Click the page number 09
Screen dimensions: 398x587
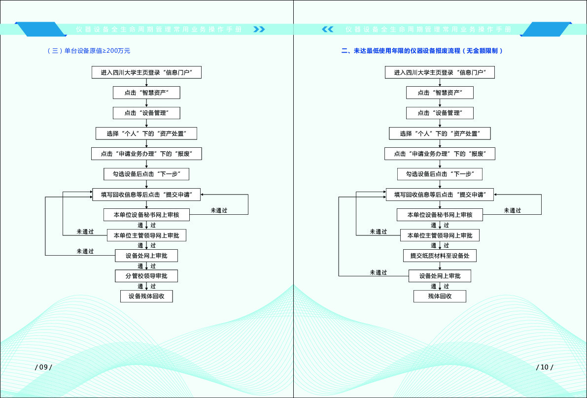click(x=43, y=367)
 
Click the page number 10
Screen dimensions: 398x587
click(x=545, y=367)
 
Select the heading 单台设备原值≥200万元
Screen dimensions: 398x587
click(x=89, y=51)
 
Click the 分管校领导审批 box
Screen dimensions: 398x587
click(x=146, y=276)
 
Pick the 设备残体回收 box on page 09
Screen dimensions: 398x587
click(x=146, y=296)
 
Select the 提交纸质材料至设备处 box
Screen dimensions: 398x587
click(x=440, y=256)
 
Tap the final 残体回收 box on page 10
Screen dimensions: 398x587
click(x=440, y=296)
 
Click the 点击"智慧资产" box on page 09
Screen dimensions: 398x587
click(x=146, y=93)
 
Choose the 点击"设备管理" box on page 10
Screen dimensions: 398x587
click(x=440, y=113)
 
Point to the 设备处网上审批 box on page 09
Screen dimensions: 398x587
click(x=146, y=256)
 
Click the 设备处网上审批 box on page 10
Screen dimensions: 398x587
click(x=440, y=276)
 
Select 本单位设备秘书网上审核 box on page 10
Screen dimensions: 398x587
click(x=440, y=215)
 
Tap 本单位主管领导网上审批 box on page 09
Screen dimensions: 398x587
click(x=146, y=235)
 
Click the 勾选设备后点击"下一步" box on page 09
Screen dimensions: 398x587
click(x=146, y=174)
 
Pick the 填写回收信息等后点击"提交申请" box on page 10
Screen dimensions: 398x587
click(x=440, y=195)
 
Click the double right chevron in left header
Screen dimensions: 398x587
click(x=259, y=29)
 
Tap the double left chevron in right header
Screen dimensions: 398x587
click(x=328, y=29)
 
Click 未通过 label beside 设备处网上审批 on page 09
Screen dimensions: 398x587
click(x=85, y=251)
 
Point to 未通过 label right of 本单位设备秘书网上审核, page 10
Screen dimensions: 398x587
click(x=512, y=210)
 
